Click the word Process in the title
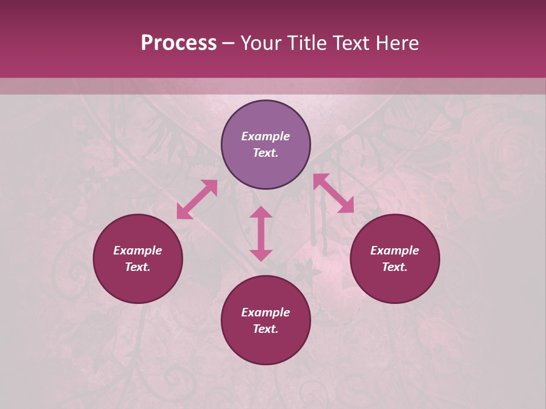[179, 43]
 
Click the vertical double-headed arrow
[261, 233]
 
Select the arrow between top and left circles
[197, 199]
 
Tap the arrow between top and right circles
[333, 193]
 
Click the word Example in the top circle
[266, 136]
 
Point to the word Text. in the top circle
[266, 153]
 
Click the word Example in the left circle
[138, 251]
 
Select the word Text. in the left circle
[138, 267]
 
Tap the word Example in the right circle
[395, 251]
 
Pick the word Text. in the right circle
[395, 267]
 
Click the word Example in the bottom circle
[266, 312]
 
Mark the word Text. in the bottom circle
[266, 329]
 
